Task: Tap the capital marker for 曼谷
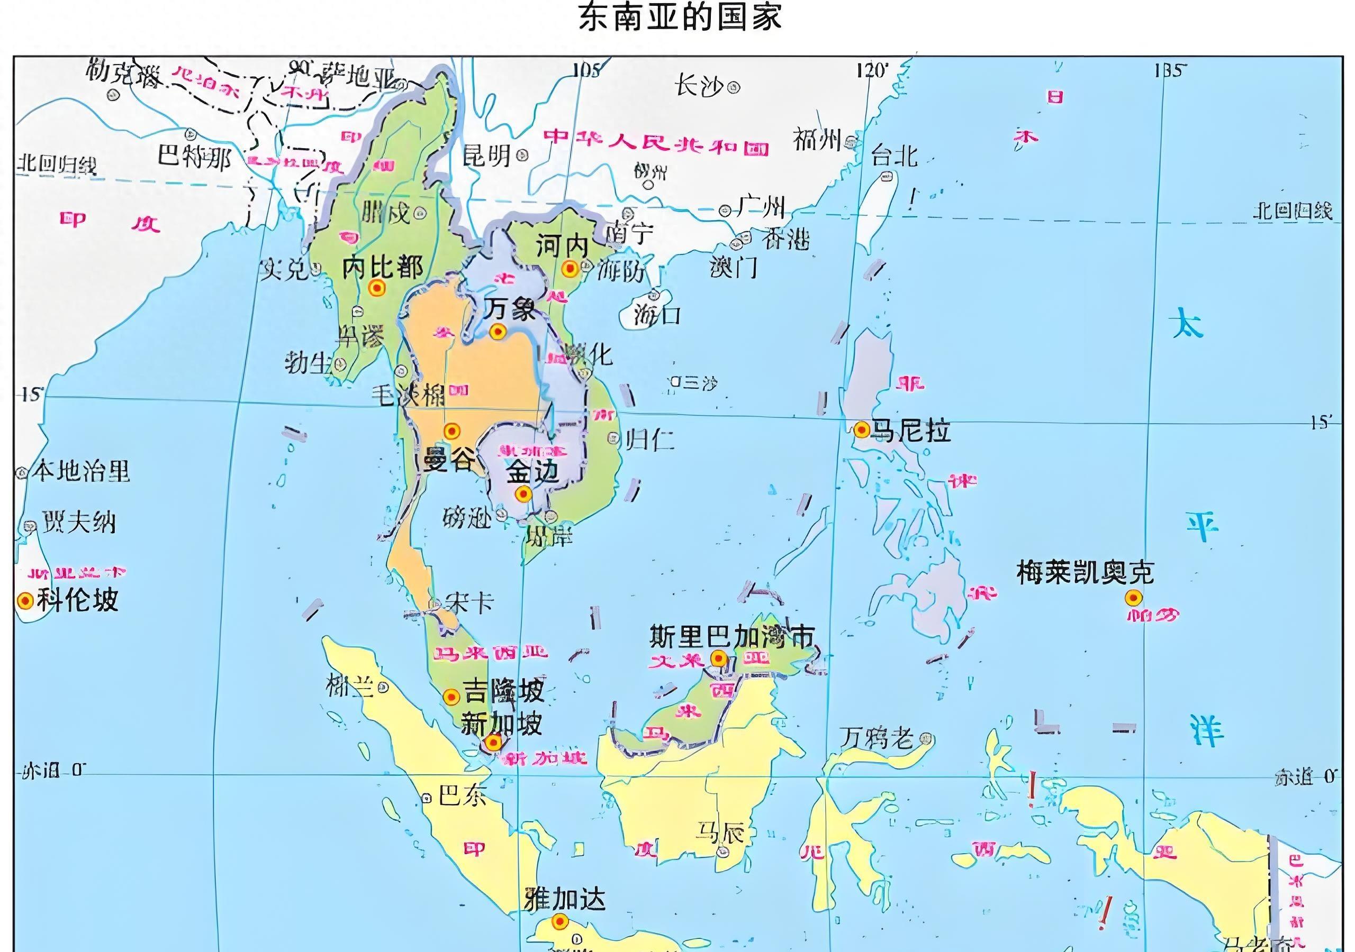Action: (451, 431)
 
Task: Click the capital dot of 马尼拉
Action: (861, 429)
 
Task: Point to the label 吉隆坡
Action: (503, 690)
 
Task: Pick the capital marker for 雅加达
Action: (559, 921)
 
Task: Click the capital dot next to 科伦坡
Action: (25, 600)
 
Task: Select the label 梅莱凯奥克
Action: (1085, 572)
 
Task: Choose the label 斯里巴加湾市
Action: (732, 636)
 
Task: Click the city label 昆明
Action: (486, 155)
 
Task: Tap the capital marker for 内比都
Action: (376, 288)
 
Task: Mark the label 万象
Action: (509, 309)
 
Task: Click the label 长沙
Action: (699, 87)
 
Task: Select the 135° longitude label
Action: (1169, 71)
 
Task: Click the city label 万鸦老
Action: (877, 738)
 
